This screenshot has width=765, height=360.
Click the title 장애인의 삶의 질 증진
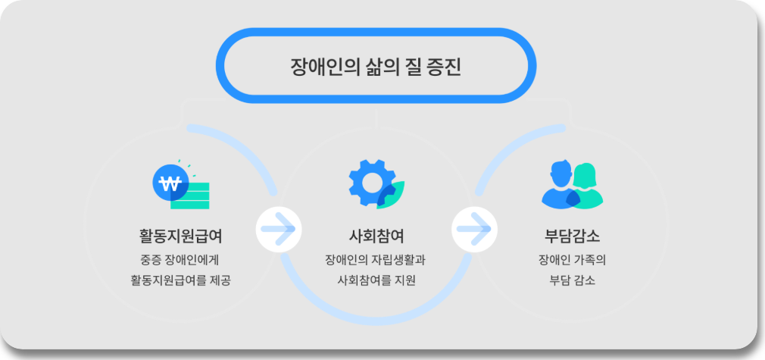point(376,66)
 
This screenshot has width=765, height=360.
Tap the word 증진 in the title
point(443,66)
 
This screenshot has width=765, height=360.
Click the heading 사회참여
point(376,233)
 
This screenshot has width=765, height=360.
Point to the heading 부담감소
point(573,233)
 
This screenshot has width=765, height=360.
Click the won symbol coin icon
point(170,183)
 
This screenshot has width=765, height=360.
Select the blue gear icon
point(370,182)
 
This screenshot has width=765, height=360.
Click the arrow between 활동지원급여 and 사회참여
point(279,227)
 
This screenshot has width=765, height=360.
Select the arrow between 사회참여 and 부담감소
point(474,227)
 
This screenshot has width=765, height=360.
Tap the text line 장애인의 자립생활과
point(376,259)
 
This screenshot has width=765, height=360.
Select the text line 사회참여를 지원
point(376,280)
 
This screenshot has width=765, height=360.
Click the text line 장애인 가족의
point(573,259)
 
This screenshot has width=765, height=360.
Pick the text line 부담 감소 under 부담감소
point(573,280)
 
